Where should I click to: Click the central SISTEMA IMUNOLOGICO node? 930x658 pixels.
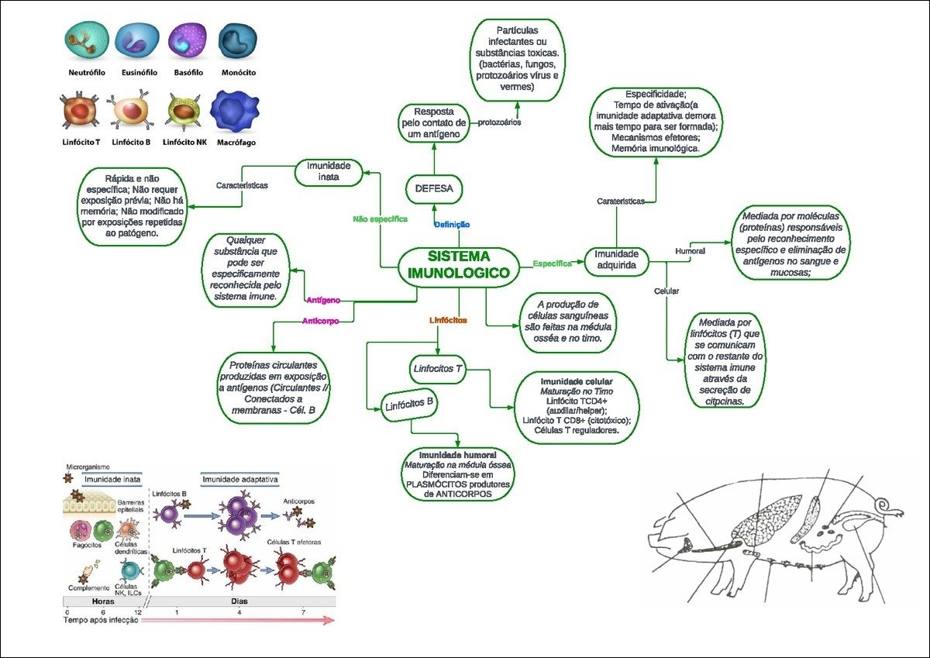[459, 265]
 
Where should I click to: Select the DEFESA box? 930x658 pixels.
[434, 188]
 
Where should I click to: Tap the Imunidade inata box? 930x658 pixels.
[329, 171]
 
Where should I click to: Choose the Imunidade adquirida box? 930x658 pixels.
[616, 259]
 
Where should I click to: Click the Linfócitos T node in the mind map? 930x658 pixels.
[437, 369]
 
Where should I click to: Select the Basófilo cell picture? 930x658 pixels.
[187, 43]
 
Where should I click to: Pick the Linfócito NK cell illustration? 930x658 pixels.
[186, 112]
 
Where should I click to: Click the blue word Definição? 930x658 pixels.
[452, 225]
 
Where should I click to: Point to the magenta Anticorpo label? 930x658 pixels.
[320, 320]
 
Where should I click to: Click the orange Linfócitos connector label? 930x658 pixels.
[448, 320]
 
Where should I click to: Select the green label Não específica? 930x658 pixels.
[380, 219]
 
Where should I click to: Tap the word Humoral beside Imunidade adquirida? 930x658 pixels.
[690, 252]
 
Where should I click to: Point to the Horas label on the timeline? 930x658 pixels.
[103, 601]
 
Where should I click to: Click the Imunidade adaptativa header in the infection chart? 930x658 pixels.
[240, 480]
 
